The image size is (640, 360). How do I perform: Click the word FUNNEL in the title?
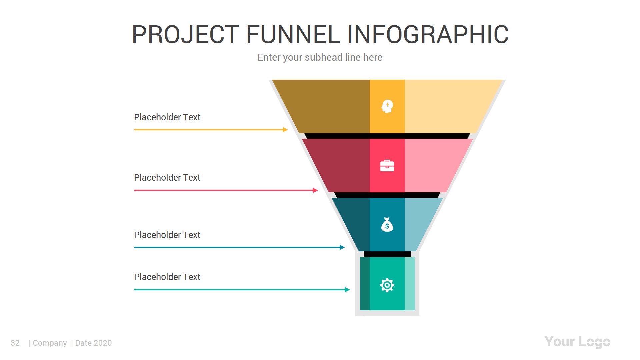(293, 34)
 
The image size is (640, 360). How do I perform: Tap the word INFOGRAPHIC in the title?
(428, 34)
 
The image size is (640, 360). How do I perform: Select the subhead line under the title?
(320, 57)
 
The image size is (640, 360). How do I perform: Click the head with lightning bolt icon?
(387, 106)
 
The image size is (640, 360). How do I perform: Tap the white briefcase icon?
(387, 166)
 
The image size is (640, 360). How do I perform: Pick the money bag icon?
(387, 225)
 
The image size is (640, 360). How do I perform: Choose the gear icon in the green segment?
(387, 285)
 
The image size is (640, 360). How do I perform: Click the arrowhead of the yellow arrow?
(285, 130)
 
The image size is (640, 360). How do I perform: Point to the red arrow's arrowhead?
(315, 190)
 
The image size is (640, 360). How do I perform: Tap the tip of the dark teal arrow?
(342, 247)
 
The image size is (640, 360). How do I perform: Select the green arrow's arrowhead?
(347, 290)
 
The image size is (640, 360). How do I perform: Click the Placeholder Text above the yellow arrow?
(167, 117)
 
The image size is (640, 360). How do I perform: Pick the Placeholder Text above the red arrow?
(167, 178)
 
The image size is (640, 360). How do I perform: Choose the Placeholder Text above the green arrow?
(167, 277)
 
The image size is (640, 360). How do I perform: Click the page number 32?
(15, 343)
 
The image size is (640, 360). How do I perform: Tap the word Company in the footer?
(50, 343)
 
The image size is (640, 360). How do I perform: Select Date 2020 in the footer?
(93, 343)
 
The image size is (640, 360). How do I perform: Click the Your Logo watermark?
(577, 342)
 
